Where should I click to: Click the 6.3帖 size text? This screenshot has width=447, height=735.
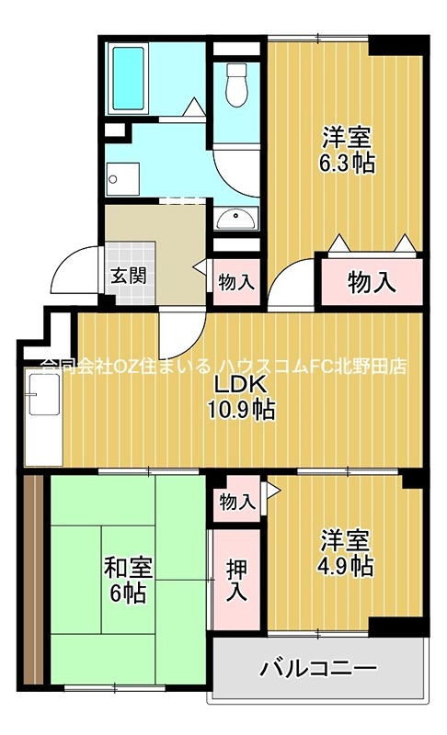click(348, 164)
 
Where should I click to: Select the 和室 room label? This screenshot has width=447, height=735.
click(124, 567)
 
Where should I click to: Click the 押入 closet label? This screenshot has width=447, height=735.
click(236, 579)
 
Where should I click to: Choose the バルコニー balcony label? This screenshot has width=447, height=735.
click(318, 668)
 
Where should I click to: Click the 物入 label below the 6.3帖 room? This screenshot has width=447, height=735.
click(372, 283)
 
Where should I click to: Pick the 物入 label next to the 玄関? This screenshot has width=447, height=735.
click(236, 282)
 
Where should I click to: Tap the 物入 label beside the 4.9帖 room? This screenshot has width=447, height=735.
click(236, 502)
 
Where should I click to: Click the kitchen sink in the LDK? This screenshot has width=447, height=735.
click(40, 397)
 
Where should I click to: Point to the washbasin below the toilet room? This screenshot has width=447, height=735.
click(238, 219)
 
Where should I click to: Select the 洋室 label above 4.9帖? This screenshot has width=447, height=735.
click(347, 537)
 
